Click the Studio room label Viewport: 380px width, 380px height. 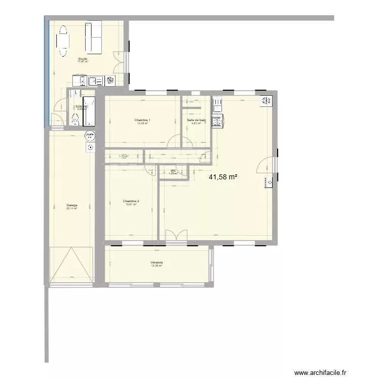pos(83,59)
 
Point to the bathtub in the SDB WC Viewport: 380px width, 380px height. pos(90,111)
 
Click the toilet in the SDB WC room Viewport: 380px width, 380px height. pos(76,119)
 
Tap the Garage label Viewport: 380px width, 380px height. pos(71,205)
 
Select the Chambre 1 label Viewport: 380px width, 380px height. pos(142,121)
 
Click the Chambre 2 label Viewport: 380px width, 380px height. pos(131,201)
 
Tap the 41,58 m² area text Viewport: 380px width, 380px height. pos(223,177)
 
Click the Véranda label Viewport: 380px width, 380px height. pos(157,262)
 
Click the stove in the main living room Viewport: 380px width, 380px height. pos(217,121)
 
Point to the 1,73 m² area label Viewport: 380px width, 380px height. pos(124,157)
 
